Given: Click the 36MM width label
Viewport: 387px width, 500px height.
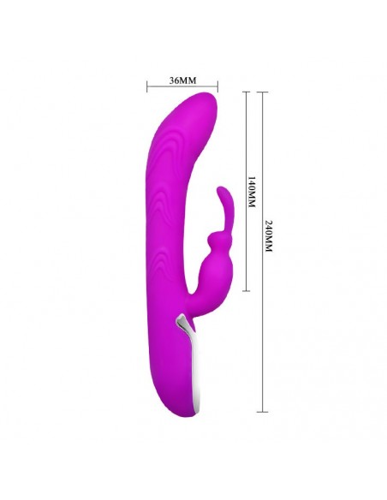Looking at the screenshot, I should (x=182, y=80).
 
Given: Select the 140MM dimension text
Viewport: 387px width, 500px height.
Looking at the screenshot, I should (x=251, y=191).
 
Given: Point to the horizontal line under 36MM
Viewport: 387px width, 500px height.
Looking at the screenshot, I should (x=182, y=86).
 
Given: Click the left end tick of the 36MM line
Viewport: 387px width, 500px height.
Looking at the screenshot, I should (x=146, y=86).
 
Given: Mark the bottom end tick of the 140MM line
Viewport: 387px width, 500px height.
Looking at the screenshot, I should (x=246, y=291).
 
